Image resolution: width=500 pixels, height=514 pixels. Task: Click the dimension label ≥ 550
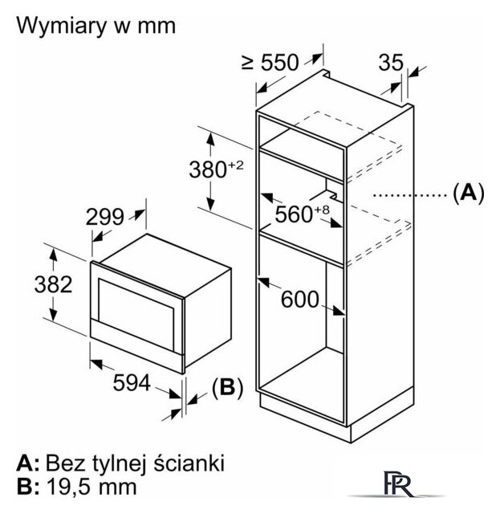[269, 62]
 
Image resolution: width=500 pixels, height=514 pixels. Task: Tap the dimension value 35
[392, 62]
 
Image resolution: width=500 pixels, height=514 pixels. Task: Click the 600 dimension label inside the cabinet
[300, 299]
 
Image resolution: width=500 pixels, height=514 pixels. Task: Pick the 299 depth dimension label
[105, 217]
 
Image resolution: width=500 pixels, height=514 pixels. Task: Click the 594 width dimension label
[131, 384]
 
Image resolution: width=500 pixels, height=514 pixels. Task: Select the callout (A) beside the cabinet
[469, 193]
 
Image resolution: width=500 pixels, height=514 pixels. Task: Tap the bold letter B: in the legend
[27, 487]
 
